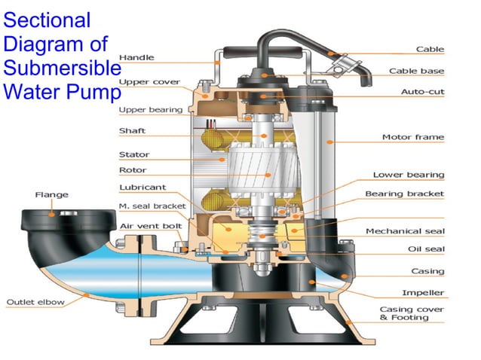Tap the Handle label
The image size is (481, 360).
point(136,57)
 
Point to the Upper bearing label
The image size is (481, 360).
point(151,110)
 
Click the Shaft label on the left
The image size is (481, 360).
point(132,131)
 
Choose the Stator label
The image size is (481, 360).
point(133,154)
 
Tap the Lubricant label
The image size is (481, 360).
point(142,188)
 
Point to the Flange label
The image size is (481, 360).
point(52,194)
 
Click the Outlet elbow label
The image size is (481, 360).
point(35,303)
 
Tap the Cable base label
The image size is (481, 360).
point(416,72)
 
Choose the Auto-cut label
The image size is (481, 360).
point(422,91)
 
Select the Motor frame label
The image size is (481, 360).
point(413,137)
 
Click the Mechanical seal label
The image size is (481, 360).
point(405,231)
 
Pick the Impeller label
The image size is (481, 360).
point(423,292)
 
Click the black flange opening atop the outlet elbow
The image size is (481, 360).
point(52,215)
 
